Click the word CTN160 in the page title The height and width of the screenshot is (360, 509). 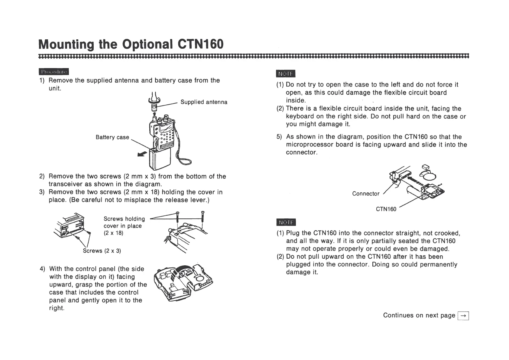201,44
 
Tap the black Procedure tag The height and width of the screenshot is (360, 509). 54,72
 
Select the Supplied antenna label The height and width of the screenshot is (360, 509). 204,102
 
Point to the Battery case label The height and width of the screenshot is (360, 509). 112,137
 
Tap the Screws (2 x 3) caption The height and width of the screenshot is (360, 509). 102,251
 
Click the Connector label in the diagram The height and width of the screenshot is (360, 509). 366,194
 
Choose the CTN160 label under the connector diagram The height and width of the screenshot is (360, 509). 386,209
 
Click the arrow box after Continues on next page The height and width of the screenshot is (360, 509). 463,316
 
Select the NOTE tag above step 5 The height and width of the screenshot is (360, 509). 286,74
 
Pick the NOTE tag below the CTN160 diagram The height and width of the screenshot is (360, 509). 286,223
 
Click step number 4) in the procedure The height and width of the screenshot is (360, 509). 43,269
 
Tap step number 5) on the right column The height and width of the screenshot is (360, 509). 279,137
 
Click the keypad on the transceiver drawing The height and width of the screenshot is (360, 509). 166,138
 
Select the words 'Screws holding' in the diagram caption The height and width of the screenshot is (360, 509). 124,219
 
